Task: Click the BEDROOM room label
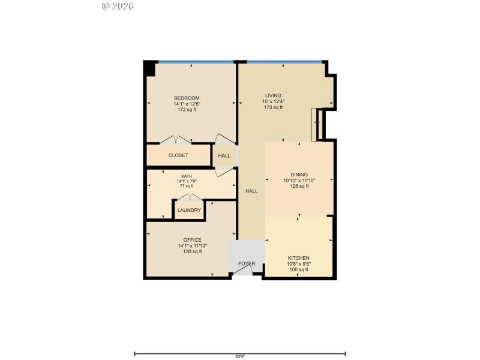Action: pos(187,98)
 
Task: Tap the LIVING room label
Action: pos(274,95)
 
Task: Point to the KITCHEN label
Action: pos(298,257)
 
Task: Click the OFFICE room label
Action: pos(192,239)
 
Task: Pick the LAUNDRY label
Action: pos(189,210)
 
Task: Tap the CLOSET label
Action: pos(178,155)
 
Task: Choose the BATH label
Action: pos(187,176)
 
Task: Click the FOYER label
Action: pos(247,263)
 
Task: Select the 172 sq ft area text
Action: pos(187,110)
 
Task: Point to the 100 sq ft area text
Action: pos(298,269)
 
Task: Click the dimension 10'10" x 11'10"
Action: pos(299,180)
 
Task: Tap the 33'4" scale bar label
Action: pos(239,356)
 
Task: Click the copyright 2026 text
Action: pos(118,6)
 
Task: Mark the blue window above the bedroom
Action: pos(196,61)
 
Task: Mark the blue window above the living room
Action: pos(284,61)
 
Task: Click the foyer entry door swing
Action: pos(243,271)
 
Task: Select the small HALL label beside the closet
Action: pos(224,156)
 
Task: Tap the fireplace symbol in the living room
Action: pos(316,124)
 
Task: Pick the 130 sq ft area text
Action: pos(192,251)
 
